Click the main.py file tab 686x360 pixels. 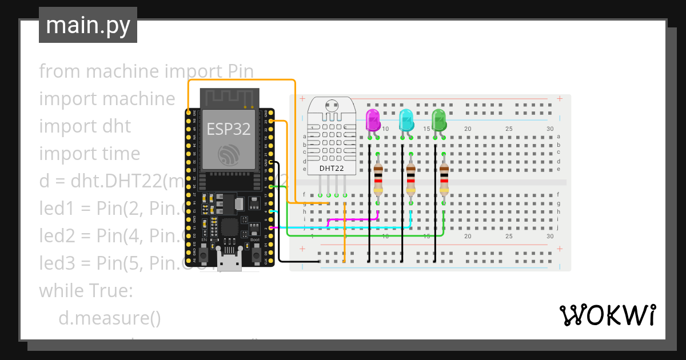click(87, 25)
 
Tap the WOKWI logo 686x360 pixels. click(607, 315)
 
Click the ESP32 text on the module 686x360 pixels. click(229, 129)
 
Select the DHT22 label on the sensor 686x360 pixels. click(332, 168)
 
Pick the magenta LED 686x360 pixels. click(373, 121)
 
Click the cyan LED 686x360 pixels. click(406, 121)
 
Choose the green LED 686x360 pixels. click(439, 121)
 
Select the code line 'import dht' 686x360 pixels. click(85, 126)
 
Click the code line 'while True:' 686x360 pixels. click(86, 290)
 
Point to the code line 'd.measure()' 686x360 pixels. click(110, 318)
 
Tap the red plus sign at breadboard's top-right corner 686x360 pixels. click(559, 99)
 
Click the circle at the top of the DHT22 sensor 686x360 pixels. click(331, 105)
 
